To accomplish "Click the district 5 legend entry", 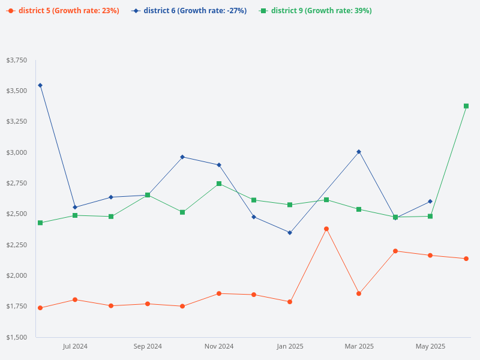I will tap(63, 11).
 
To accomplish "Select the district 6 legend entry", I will tap(189, 11).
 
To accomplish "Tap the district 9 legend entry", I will tap(316, 11).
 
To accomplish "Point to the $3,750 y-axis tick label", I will tap(16, 60).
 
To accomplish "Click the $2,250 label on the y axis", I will tap(16, 245).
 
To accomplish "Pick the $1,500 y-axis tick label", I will tap(16, 337).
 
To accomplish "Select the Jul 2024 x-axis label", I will tap(75, 346).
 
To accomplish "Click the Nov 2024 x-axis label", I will tap(219, 346).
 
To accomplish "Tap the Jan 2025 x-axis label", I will tap(290, 346).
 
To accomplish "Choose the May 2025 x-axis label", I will tap(430, 346).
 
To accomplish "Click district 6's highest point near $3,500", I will tap(40, 85).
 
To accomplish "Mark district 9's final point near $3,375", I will tap(466, 106).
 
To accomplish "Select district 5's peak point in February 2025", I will tap(326, 229).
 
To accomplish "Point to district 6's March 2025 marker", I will tap(359, 152).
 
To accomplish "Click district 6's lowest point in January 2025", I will tap(290, 233).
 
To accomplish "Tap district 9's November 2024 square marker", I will tap(219, 184).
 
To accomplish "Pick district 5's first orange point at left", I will tap(40, 308).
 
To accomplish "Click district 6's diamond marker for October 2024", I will tap(182, 157).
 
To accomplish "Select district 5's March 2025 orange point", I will tap(359, 293).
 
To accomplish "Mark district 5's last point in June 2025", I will tap(466, 259).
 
